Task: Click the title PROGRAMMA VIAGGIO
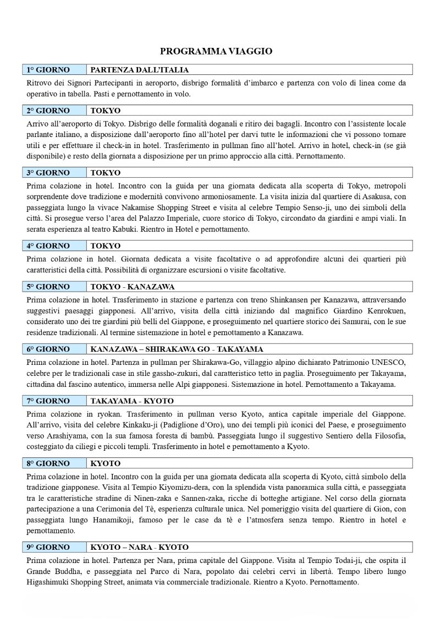tap(216, 51)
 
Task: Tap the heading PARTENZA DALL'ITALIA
tap(139, 70)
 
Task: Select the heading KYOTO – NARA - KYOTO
tap(139, 547)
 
